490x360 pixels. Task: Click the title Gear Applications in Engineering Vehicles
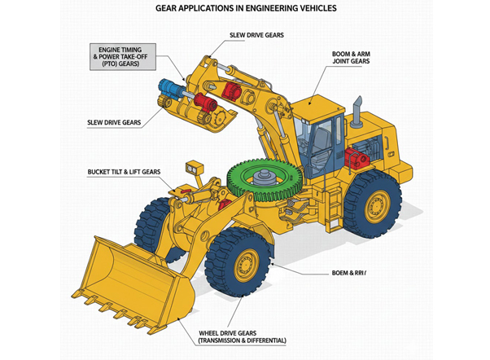coord(245,11)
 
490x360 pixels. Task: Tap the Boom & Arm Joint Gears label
coord(356,59)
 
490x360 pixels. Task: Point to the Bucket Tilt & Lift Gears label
coord(124,173)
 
